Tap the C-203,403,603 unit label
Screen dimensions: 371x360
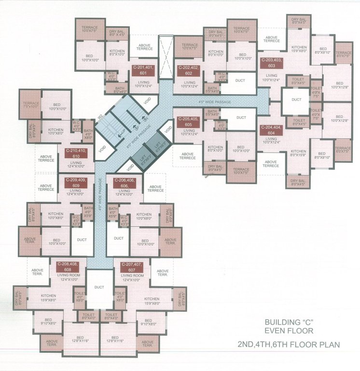click(271, 63)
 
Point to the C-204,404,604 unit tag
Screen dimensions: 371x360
click(271, 129)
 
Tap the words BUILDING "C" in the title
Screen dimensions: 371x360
click(289, 322)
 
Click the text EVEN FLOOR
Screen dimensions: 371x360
click(289, 331)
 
